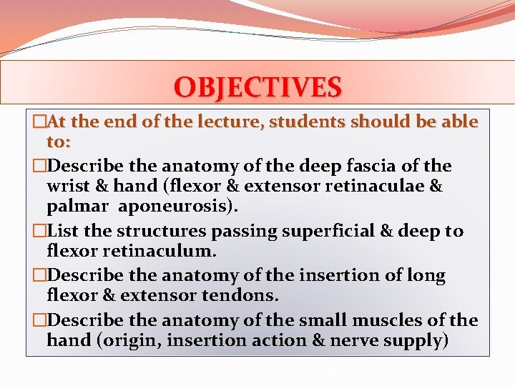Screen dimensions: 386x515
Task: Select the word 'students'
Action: tap(311, 122)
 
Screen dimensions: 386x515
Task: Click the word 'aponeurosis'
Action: tap(188, 207)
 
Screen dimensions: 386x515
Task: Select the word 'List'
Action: tap(69, 232)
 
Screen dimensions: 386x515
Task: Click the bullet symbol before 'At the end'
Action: tap(39, 123)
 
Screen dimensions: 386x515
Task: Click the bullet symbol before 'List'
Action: tap(39, 232)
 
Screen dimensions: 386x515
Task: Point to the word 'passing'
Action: tap(255, 232)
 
